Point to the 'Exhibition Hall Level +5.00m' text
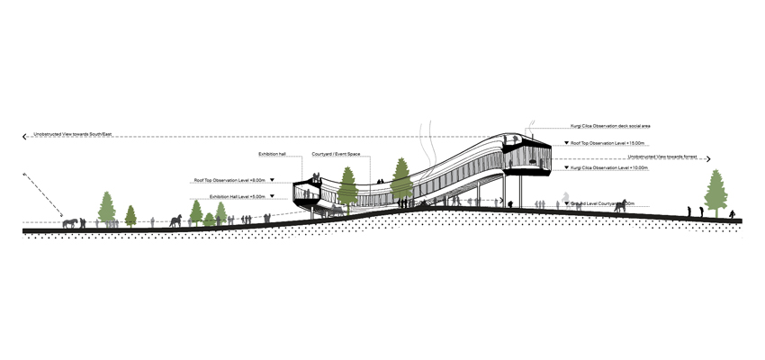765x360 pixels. click(x=235, y=195)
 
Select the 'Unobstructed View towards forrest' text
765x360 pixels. click(x=666, y=157)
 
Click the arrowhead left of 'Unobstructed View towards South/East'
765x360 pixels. click(x=24, y=137)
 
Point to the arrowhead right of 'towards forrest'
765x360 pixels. click(x=708, y=159)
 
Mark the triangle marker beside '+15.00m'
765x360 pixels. click(x=565, y=143)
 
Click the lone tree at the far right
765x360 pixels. click(x=716, y=192)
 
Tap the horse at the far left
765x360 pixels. click(x=70, y=221)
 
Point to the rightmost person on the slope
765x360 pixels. click(x=732, y=215)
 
